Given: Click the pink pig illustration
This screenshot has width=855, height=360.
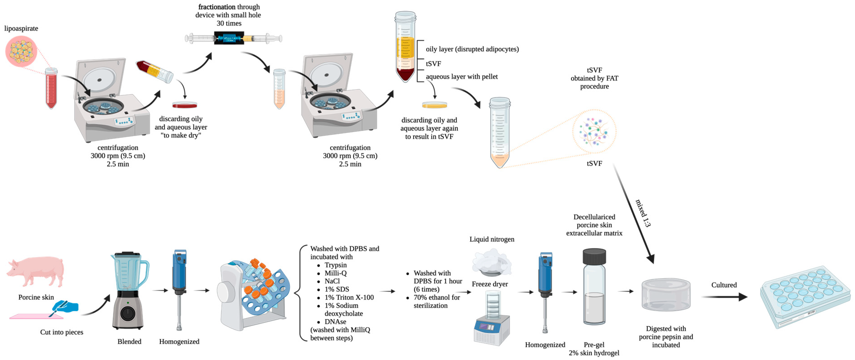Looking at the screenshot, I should pos(36,271).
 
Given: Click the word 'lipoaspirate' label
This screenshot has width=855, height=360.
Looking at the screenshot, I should pos(21,29).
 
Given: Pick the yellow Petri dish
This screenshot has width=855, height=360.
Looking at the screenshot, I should pos(434,105).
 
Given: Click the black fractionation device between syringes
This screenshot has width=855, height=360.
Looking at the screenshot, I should pos(229,38).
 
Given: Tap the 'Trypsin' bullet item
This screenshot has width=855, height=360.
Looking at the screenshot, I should pos(335,265).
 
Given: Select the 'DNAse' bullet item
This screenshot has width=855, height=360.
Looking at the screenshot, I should pos(335,321).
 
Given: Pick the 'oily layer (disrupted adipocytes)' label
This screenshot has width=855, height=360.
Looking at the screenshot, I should pos(472,49).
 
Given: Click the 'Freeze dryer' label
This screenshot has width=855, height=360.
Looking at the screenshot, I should pos(490,284).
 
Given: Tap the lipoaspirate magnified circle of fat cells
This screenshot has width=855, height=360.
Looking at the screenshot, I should pos(21,51).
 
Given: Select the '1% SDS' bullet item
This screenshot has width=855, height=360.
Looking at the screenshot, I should pos(337,289).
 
